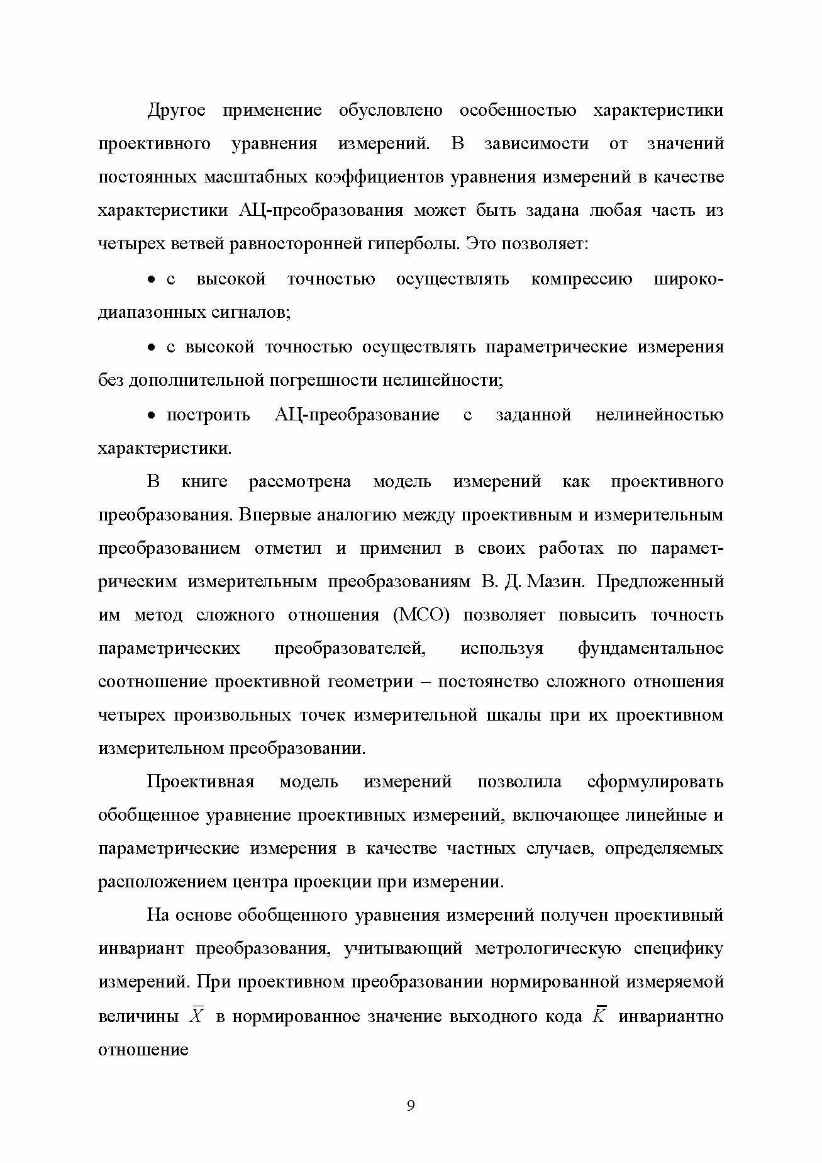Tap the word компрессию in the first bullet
coord(582,278)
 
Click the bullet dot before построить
coord(151,415)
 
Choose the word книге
coord(204,482)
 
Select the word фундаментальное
coord(650,648)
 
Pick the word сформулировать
coord(655,782)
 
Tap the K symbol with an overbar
coord(599,1016)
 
